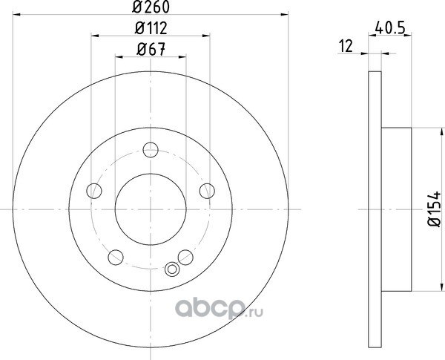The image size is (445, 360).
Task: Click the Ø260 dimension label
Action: (151, 7)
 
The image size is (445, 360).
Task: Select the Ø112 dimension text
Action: (151, 28)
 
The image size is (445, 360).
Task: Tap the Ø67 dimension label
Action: (151, 50)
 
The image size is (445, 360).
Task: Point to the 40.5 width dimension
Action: (389, 28)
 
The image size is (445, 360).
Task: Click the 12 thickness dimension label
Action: (346, 46)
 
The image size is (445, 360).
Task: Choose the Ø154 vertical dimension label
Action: (435, 209)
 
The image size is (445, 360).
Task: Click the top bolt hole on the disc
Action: (151, 150)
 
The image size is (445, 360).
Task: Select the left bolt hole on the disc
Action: (94, 191)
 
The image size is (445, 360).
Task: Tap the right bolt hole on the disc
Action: (207, 191)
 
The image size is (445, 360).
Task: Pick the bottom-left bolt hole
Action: (116, 257)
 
